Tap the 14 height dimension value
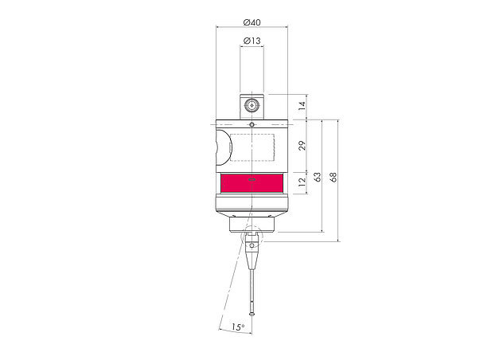(301, 106)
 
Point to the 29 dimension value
(301, 145)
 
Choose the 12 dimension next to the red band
(301, 183)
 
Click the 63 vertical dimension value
(318, 176)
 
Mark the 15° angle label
(237, 327)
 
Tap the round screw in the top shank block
(252, 105)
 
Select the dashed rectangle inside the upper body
(252, 147)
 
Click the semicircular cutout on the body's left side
(222, 147)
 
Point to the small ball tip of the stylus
(252, 312)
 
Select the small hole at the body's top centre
(252, 124)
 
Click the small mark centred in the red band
(252, 179)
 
